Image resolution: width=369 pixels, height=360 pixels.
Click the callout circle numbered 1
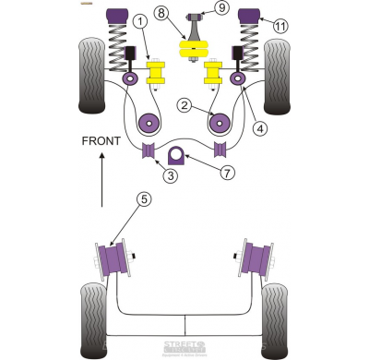pyautogui.click(x=138, y=20)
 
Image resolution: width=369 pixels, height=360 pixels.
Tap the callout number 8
pyautogui.click(x=161, y=13)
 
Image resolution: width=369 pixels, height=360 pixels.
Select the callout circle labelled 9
pyautogui.click(x=221, y=9)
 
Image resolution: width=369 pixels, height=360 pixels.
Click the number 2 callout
pyautogui.click(x=184, y=106)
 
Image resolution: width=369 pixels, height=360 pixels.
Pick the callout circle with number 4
pyautogui.click(x=260, y=128)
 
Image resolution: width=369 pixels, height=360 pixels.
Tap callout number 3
pyautogui.click(x=145, y=176)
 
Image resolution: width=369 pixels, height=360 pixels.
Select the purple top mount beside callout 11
pyautogui.click(x=248, y=16)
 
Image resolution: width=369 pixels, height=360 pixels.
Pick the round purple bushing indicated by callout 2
pyautogui.click(x=220, y=121)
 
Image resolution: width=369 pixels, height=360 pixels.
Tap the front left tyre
pyautogui.click(x=92, y=72)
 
